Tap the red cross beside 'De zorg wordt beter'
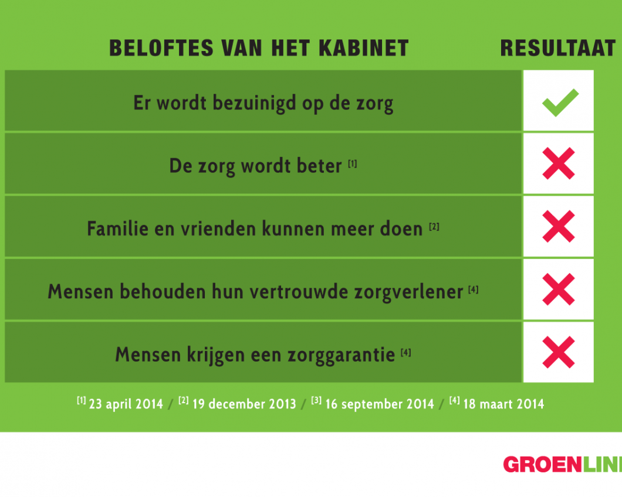point(559,164)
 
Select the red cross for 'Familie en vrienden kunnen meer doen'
point(559,226)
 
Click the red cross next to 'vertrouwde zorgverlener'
point(559,290)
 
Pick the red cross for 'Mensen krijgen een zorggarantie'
point(559,352)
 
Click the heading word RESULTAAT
point(557,49)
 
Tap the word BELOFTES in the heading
point(161,49)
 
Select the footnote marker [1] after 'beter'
point(353,164)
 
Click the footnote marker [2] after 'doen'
point(434,227)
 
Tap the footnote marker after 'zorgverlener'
point(473,290)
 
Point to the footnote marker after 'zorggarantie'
point(406,352)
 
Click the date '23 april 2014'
point(126,404)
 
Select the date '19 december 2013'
point(244,404)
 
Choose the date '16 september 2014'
point(380,404)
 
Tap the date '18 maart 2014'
point(504,404)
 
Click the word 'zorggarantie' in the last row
point(341,355)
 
